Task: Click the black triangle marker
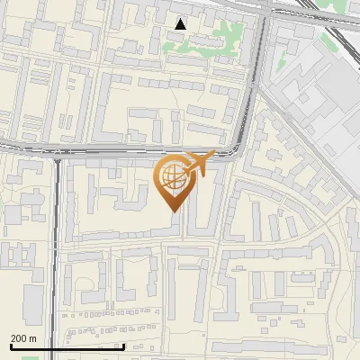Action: click(181, 24)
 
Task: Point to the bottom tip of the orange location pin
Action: click(173, 211)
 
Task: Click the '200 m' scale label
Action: click(23, 338)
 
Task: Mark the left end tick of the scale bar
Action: click(12, 346)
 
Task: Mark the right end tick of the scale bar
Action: click(123, 346)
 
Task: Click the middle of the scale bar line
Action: click(67, 346)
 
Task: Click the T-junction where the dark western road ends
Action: click(59, 157)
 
